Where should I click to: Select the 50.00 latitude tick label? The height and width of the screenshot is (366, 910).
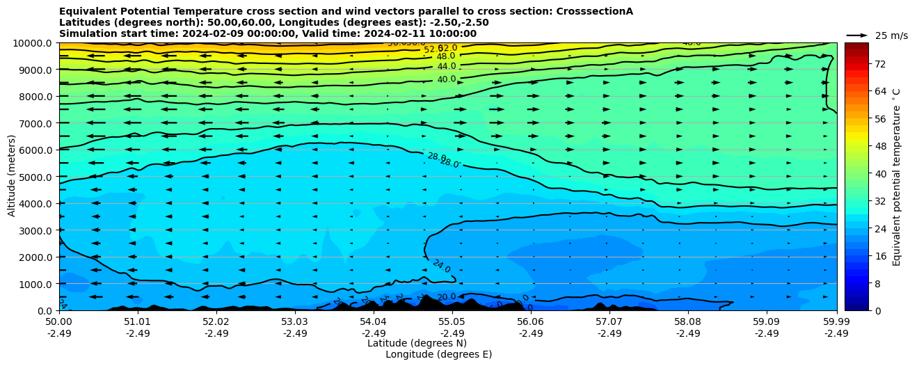[x=59, y=322]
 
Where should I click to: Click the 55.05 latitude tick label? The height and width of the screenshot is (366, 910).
[x=452, y=322]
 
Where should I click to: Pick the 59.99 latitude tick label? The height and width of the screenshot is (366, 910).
[x=836, y=322]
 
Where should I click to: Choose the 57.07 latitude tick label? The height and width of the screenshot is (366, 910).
[x=609, y=322]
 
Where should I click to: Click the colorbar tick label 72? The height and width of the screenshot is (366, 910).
[x=879, y=64]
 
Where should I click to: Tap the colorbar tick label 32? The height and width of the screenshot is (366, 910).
[x=879, y=200]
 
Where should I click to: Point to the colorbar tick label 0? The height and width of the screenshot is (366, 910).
[x=877, y=310]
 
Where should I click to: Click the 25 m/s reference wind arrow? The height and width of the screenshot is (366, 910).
[x=857, y=35]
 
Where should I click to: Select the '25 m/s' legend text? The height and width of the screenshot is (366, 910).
[x=891, y=35]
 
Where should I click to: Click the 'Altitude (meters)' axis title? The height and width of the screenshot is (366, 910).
[x=12, y=176]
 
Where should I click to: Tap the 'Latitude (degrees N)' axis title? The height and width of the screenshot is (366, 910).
[x=417, y=343]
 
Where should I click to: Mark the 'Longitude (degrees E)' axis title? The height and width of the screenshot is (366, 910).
[x=438, y=354]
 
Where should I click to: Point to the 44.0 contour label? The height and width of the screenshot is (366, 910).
[x=446, y=66]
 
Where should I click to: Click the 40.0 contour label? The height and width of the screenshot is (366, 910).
[x=446, y=79]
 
